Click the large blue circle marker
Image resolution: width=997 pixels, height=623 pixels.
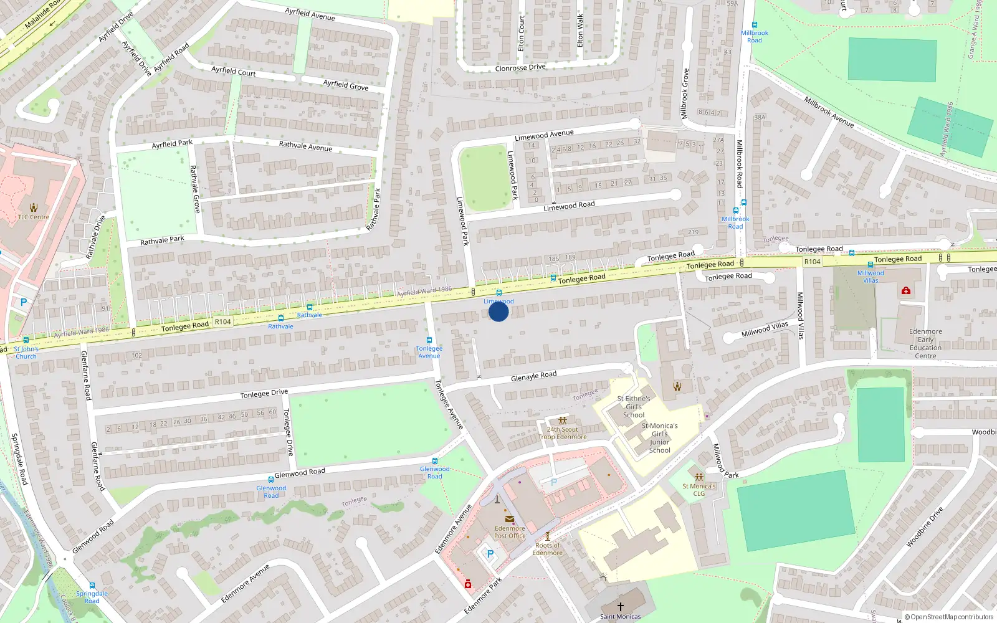pyautogui.click(x=499, y=311)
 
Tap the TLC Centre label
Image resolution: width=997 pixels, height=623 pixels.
pyautogui.click(x=34, y=217)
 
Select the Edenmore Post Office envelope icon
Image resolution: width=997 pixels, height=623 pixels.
pyautogui.click(x=510, y=519)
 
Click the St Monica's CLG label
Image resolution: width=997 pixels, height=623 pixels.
pyautogui.click(x=699, y=490)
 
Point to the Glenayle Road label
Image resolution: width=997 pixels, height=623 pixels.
pyautogui.click(x=533, y=376)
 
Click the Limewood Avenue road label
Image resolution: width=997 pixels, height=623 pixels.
pyautogui.click(x=544, y=135)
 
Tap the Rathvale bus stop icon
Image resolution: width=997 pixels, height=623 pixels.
pyautogui.click(x=310, y=307)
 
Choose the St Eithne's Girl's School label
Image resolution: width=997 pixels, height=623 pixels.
pyautogui.click(x=634, y=407)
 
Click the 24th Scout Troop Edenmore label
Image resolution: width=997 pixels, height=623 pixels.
pyautogui.click(x=563, y=433)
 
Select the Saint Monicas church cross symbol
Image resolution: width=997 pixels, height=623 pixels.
pyautogui.click(x=621, y=606)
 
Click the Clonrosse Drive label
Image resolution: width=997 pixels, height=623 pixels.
pyautogui.click(x=520, y=68)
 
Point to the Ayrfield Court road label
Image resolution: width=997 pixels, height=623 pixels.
pyautogui.click(x=234, y=71)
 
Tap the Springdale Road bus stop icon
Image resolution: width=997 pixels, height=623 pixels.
pyautogui.click(x=92, y=586)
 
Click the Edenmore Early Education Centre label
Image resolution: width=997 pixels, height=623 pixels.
pyautogui.click(x=925, y=344)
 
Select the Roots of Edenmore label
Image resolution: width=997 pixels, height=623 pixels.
pyautogui.click(x=548, y=549)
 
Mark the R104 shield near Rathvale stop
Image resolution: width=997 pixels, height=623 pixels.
pyautogui.click(x=222, y=322)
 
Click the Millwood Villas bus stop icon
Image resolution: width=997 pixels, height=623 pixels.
pyautogui.click(x=871, y=265)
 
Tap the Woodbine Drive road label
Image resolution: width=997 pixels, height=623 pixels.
pyautogui.click(x=924, y=527)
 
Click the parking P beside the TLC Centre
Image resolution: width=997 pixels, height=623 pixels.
pyautogui.click(x=24, y=302)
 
